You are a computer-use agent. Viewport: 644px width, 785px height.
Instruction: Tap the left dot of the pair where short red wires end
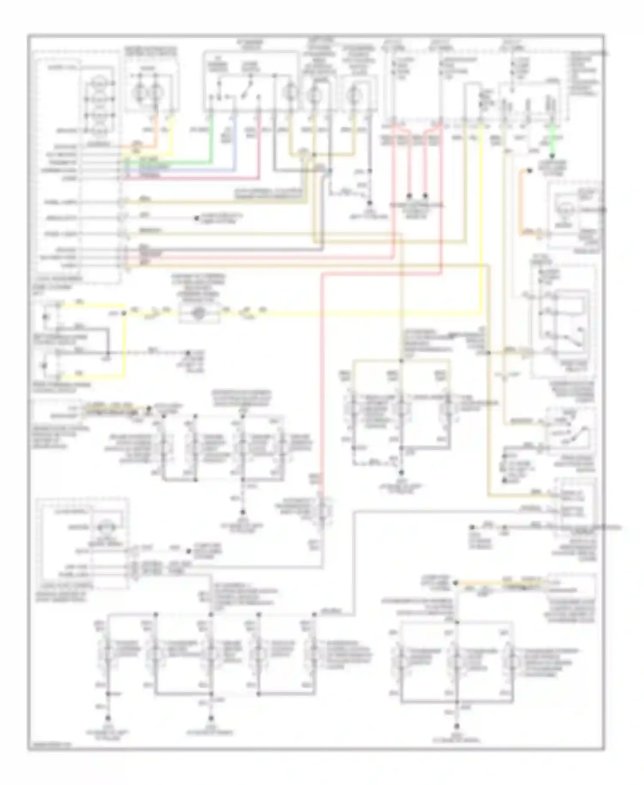[409, 195]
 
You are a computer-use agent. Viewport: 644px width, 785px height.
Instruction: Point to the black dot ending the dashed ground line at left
[187, 353]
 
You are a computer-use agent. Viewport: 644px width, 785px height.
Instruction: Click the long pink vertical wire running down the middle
[321, 386]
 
